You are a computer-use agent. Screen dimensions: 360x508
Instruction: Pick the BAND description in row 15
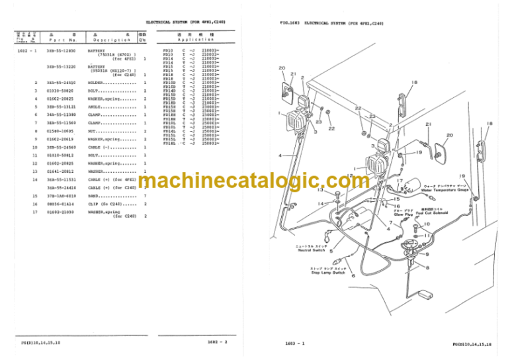(95, 196)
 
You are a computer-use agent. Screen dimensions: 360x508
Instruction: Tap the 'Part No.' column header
(53, 40)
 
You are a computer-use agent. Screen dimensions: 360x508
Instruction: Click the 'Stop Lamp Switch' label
(328, 272)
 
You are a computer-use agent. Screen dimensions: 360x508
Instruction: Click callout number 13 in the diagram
(320, 190)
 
